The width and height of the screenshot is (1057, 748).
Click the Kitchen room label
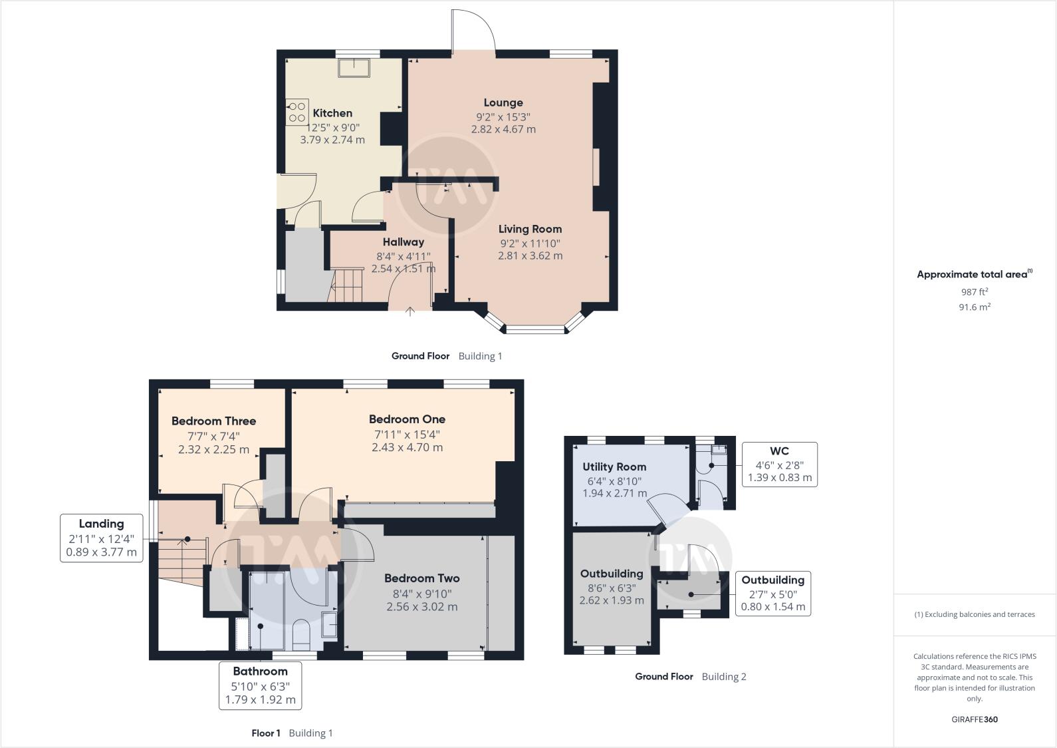click(332, 113)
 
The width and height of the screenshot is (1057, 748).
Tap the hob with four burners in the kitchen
click(297, 112)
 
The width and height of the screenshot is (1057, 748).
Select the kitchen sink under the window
click(354, 67)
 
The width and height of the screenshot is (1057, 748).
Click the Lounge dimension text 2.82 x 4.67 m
click(503, 129)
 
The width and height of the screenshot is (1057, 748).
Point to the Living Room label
click(530, 229)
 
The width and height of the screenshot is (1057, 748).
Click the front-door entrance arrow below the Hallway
click(410, 311)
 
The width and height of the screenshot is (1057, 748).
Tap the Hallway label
click(403, 242)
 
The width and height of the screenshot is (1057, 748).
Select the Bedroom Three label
click(213, 421)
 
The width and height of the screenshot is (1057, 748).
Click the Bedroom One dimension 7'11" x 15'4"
click(407, 435)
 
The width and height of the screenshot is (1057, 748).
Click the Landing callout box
click(102, 538)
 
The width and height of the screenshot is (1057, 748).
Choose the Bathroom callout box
click(260, 685)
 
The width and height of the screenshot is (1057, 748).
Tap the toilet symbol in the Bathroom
click(302, 633)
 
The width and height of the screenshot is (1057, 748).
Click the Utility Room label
click(614, 467)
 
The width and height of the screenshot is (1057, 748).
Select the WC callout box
click(779, 464)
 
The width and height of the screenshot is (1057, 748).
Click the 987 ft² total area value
click(974, 291)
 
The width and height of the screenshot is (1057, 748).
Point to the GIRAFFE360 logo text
click(975, 719)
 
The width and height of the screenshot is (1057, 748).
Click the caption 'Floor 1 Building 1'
click(292, 733)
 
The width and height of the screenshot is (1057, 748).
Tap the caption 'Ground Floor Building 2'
click(690, 677)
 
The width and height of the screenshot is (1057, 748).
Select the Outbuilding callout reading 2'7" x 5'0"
click(772, 593)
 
